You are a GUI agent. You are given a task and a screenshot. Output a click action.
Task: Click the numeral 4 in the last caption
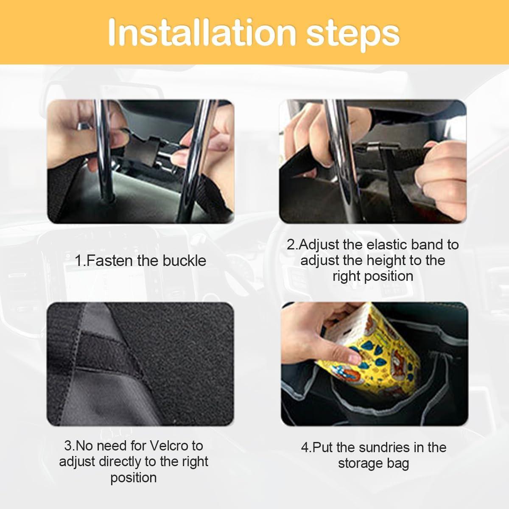coord(304,447)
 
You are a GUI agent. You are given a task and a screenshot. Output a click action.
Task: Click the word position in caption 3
coord(134,477)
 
